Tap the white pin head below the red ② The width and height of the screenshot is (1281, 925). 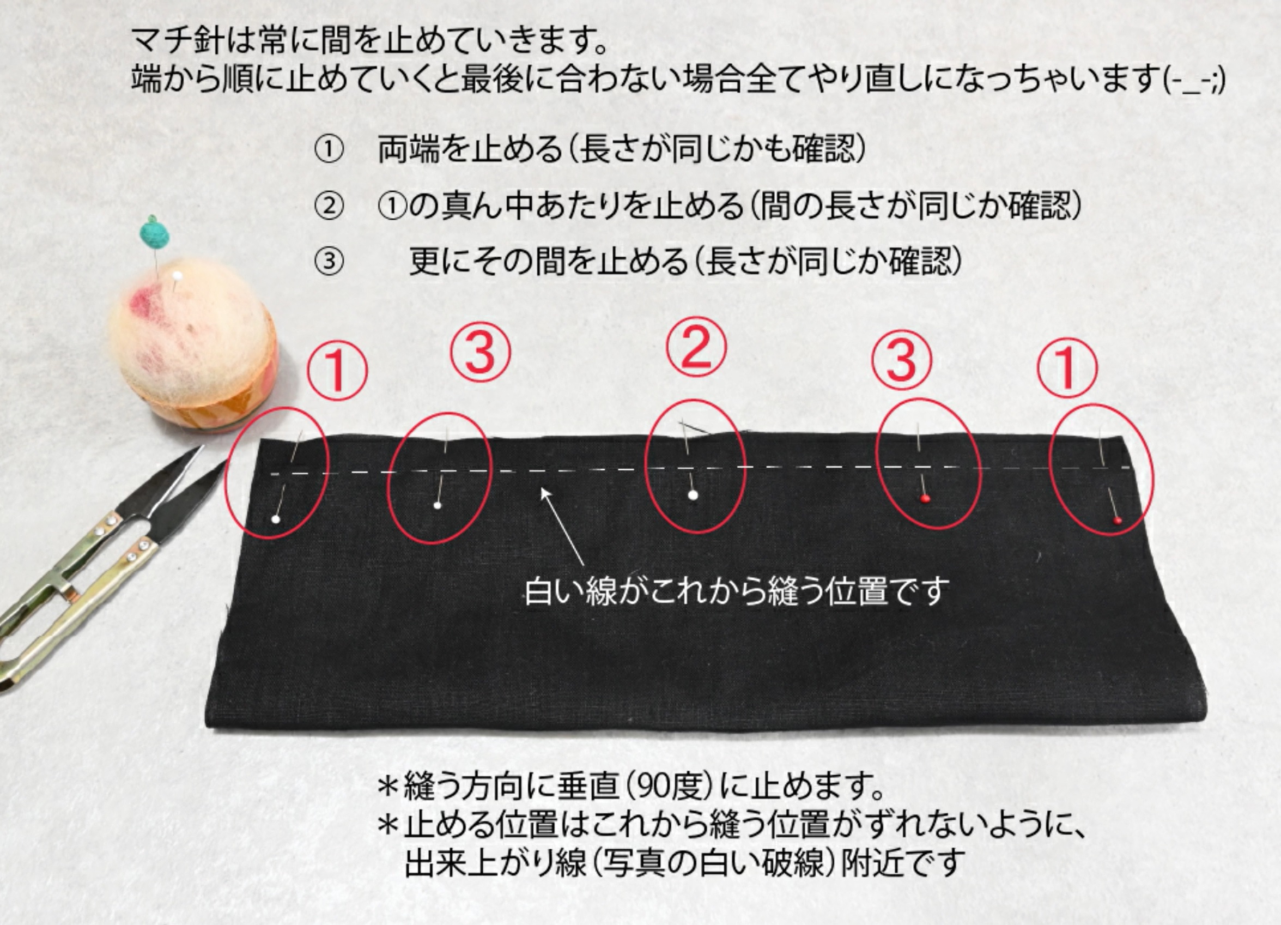click(693, 495)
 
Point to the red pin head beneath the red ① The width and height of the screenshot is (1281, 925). click(1117, 521)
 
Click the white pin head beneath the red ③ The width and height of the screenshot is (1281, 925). click(437, 505)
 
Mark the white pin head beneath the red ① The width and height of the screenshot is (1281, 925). click(276, 519)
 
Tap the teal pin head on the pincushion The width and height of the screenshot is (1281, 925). click(152, 233)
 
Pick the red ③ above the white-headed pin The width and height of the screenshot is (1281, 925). click(481, 354)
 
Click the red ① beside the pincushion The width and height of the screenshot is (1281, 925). click(337, 371)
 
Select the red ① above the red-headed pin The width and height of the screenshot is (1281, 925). click(1067, 368)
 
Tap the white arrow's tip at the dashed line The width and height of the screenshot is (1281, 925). click(541, 488)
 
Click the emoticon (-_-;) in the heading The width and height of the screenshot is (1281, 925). click(1194, 80)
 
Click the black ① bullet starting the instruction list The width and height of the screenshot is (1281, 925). click(329, 150)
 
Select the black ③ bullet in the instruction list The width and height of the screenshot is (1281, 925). click(329, 262)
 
